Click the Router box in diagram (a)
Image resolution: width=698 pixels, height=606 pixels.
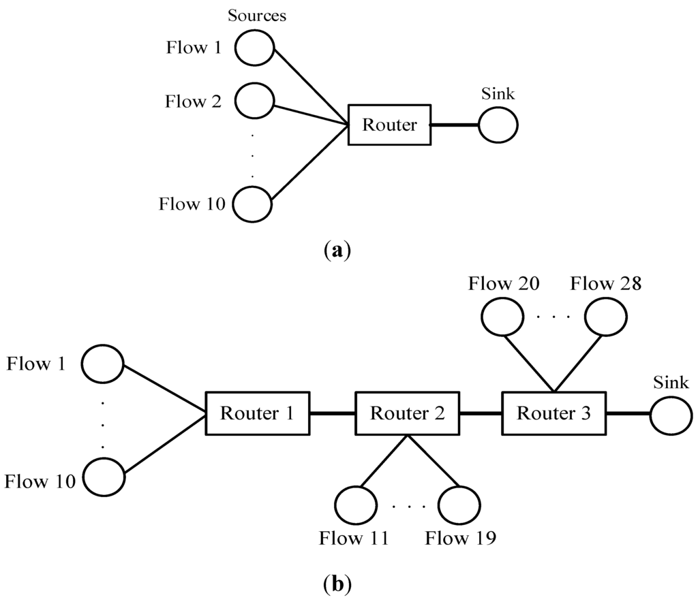(389, 125)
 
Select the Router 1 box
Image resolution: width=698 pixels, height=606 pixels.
(258, 413)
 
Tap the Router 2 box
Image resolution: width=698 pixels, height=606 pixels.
(408, 413)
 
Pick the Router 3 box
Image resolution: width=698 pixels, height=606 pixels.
(553, 413)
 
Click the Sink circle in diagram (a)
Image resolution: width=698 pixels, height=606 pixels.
(498, 125)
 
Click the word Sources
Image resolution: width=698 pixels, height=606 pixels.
(257, 15)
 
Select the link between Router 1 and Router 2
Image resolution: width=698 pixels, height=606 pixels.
(333, 413)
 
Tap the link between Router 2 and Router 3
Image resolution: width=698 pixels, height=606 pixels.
(481, 413)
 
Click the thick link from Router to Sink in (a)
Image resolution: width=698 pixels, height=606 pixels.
(455, 125)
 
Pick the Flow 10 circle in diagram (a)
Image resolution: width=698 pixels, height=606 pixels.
(253, 203)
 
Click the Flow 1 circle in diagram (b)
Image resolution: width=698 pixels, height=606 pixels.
(102, 363)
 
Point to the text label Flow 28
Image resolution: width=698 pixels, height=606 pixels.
(605, 284)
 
